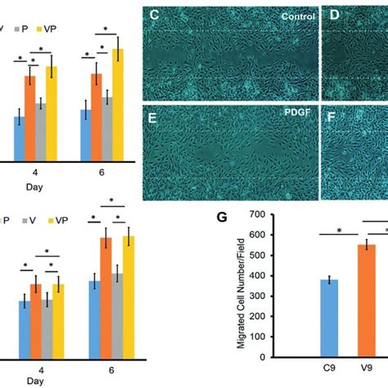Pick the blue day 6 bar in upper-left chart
point(86,134)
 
